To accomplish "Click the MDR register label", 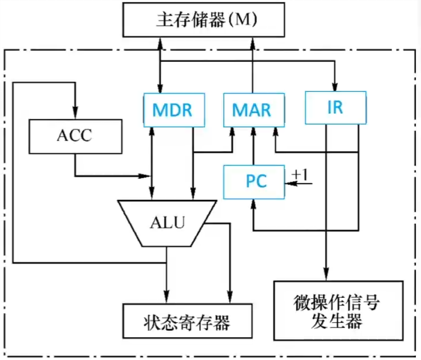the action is [x=172, y=110].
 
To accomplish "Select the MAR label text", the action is [x=252, y=110].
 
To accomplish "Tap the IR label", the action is [x=335, y=107].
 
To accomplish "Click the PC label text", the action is [x=256, y=181].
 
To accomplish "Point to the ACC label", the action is [x=74, y=135].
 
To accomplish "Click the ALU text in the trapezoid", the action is [x=168, y=222].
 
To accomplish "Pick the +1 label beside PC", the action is [x=300, y=174].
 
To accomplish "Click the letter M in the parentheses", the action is [x=243, y=19].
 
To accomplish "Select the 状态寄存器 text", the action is [x=187, y=322].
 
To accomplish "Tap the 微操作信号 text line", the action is [x=337, y=302].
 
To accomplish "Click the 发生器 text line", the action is [x=337, y=321].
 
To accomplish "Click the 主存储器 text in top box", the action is [x=190, y=19].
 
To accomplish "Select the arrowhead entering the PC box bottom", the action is [x=253, y=204].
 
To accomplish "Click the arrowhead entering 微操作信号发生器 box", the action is [x=326, y=276].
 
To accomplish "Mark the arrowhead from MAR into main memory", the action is [x=252, y=43].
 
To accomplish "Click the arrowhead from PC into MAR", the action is [x=253, y=132].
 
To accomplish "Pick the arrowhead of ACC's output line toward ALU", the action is [x=144, y=176].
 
